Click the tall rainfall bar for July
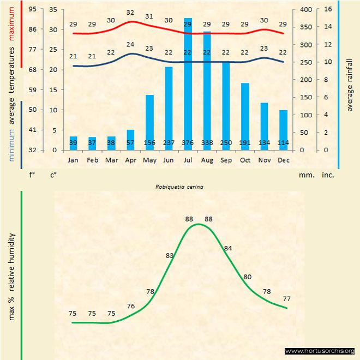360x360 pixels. click(188, 82)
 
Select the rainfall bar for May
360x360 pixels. click(149, 120)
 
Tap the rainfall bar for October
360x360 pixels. click(245, 115)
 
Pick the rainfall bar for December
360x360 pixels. click(283, 128)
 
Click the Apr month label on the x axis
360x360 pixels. click(130, 160)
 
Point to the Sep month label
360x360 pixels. click(226, 160)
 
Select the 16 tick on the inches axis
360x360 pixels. click(328, 9)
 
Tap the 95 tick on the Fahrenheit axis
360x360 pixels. click(33, 9)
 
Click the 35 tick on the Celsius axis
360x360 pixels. click(53, 9)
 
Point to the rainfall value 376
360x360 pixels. click(188, 143)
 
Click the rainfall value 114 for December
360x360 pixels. click(283, 143)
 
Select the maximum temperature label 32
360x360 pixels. click(130, 13)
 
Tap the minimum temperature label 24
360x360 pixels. click(130, 45)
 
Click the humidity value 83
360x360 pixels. click(170, 255)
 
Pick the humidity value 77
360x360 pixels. click(287, 299)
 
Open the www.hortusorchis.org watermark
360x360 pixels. click(320, 351)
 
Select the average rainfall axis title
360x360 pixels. click(350, 84)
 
